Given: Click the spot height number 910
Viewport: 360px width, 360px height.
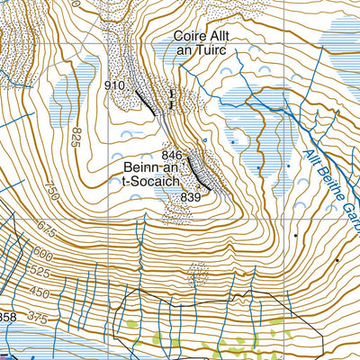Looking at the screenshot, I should coord(115,85).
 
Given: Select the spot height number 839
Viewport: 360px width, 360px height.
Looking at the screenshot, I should coord(190,196).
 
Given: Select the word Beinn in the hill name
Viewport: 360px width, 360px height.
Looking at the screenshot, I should coord(142,168).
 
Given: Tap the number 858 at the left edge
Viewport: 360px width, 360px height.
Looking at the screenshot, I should coord(7,317).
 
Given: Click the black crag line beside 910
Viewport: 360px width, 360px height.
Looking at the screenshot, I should coord(146,100).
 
